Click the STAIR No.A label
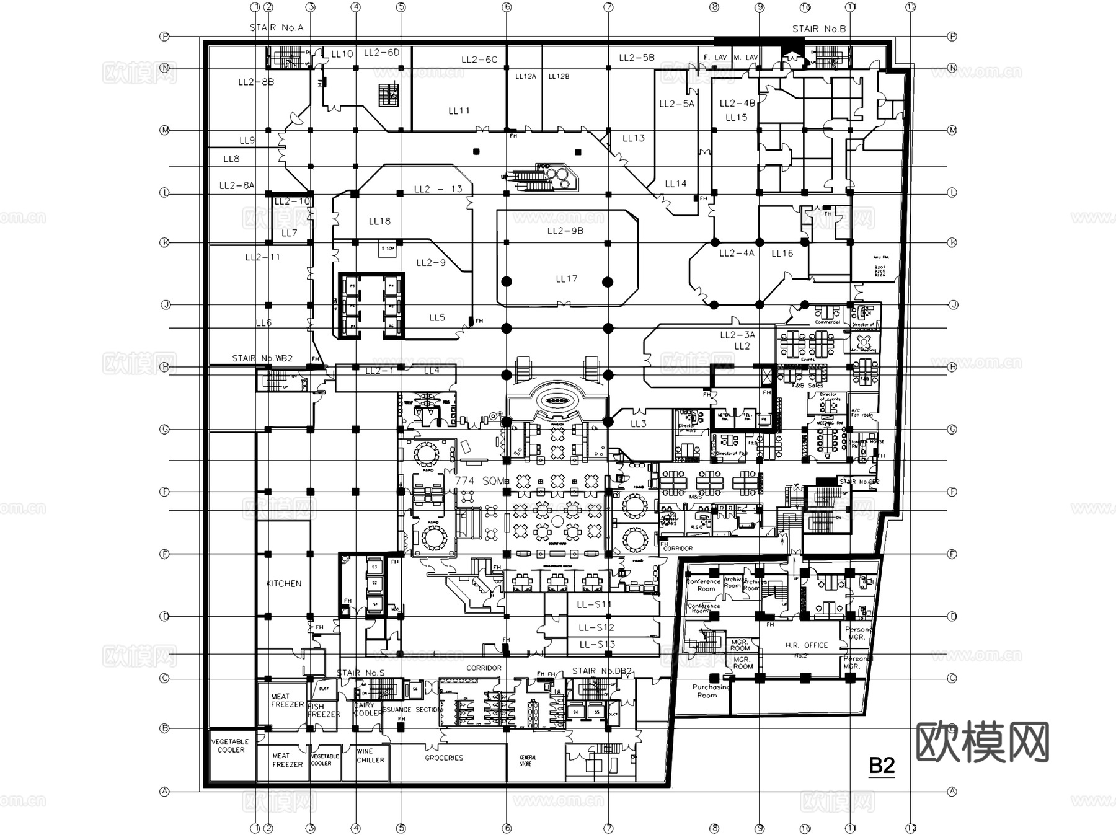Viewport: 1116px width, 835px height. [x=277, y=27]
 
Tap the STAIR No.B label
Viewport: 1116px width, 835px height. [x=819, y=29]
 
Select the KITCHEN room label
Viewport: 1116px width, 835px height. [x=284, y=583]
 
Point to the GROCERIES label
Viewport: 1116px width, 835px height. [x=444, y=758]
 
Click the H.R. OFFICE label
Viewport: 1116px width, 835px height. [x=807, y=645]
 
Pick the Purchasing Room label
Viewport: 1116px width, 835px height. [x=710, y=691]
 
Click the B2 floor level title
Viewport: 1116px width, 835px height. [x=882, y=766]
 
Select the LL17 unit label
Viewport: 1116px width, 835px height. [x=566, y=279]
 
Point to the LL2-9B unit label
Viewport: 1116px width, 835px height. [x=565, y=231]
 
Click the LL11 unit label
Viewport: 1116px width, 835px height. [x=459, y=111]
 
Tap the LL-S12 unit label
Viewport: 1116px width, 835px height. [x=596, y=627]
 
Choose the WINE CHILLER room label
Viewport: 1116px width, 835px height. [x=370, y=756]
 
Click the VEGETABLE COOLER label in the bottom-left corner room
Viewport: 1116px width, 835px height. [x=230, y=746]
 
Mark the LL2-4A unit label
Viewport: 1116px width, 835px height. [x=737, y=253]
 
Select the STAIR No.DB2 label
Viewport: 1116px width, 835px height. [x=601, y=671]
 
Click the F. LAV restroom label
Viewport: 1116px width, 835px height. [x=715, y=57]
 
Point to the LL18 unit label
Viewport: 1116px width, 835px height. [x=379, y=221]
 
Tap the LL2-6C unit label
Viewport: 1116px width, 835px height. [x=479, y=60]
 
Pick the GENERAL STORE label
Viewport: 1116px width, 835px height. [x=528, y=761]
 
